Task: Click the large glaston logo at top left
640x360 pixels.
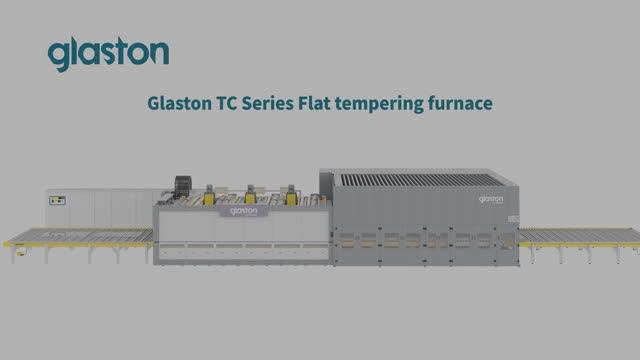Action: pyautogui.click(x=108, y=53)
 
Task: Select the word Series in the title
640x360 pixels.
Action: pyautogui.click(x=267, y=103)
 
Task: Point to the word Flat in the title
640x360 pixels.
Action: pyautogui.click(x=314, y=103)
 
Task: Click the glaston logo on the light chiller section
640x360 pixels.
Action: pyautogui.click(x=244, y=211)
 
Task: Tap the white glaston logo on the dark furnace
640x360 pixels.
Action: pyautogui.click(x=491, y=199)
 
